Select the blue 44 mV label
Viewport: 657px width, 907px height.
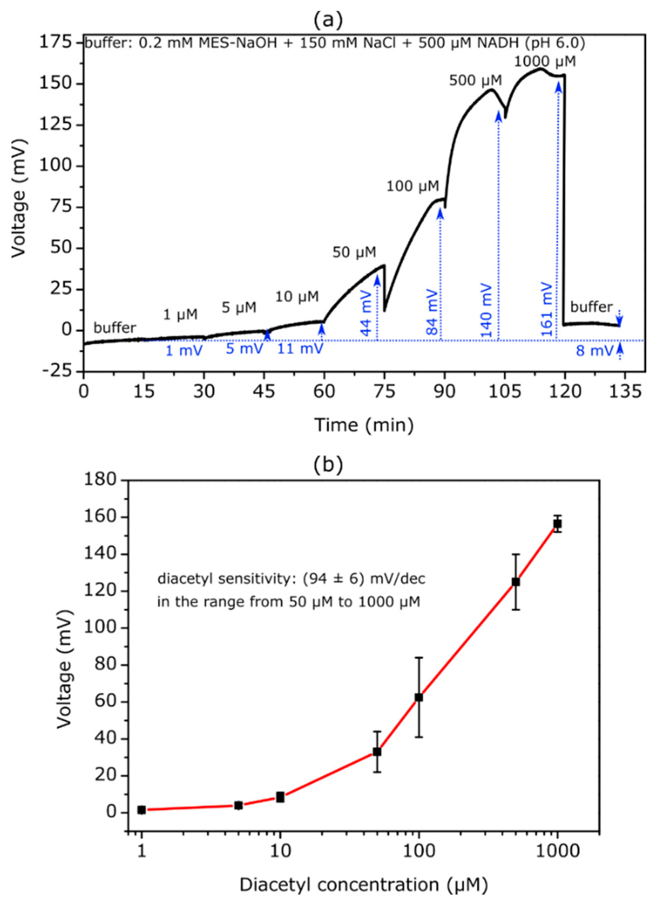(366, 310)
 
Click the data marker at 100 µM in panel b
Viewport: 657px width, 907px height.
(418, 697)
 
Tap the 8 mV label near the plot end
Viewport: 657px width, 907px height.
(595, 351)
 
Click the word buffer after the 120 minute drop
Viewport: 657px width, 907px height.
(591, 307)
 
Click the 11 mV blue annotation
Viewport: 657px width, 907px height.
(300, 349)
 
